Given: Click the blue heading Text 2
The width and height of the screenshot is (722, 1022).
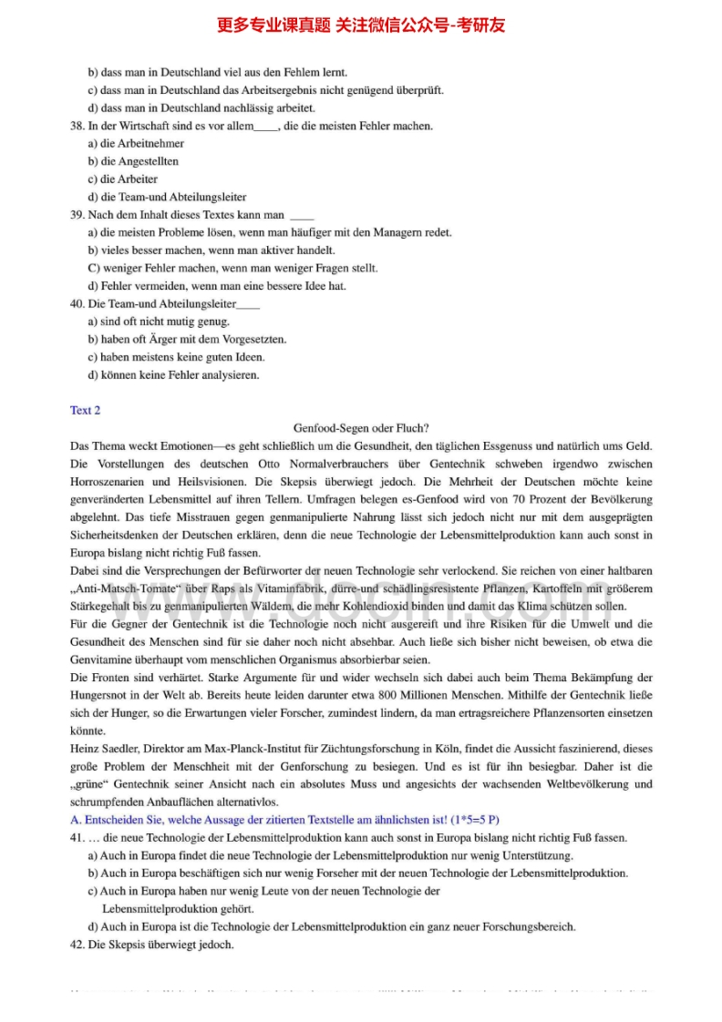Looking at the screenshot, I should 85,410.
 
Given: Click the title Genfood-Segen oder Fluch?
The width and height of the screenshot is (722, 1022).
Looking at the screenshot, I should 361,428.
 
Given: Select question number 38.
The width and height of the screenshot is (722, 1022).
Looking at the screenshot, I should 77,126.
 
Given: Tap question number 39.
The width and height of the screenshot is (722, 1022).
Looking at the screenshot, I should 77,215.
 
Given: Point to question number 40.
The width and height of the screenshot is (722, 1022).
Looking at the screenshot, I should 77,303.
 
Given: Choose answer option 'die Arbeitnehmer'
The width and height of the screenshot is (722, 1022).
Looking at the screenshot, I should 136,144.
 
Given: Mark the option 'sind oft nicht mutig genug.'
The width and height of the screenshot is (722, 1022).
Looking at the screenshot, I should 159,322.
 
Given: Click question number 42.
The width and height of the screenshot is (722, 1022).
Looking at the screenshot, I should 77,945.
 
